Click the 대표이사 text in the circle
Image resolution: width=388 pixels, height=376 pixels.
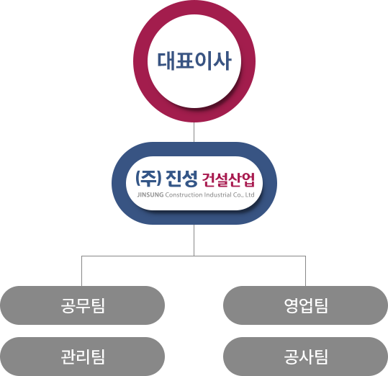pos(194,61)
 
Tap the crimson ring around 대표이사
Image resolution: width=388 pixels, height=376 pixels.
pos(194,7)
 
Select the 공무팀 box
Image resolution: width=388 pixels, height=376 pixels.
pos(82,305)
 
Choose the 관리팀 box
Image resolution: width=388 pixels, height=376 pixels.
pos(82,357)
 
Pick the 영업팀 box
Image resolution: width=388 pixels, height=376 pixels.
pos(306,305)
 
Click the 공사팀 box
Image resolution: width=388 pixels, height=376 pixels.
pos(306,357)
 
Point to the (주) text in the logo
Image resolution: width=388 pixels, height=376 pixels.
pos(148,179)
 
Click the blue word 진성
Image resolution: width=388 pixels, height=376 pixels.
pos(181,179)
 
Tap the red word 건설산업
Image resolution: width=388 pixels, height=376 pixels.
pos(228,179)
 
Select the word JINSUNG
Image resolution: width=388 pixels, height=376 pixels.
pos(150,194)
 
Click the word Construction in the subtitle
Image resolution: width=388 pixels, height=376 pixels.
pos(184,194)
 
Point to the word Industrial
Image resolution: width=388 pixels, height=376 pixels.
pos(217,194)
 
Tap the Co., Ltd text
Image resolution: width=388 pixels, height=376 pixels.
pos(244,194)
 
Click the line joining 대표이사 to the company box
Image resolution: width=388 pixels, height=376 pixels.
pos(194,133)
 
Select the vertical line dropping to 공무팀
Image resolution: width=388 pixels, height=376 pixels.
pos(81,271)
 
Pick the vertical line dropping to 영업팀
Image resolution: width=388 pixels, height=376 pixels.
pos(306,271)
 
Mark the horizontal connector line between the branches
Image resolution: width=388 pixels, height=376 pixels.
pos(194,256)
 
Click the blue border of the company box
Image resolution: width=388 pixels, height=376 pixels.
pos(194,149)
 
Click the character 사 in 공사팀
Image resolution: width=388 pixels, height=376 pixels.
pos(307,357)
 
